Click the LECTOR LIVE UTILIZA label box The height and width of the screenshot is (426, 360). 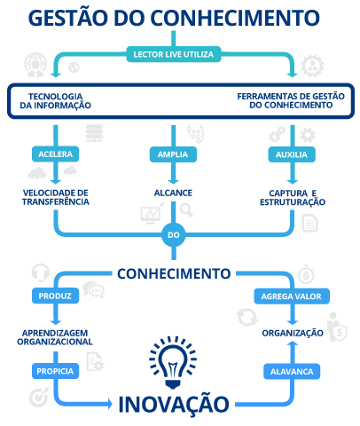pos(174,54)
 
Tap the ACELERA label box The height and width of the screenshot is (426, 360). pos(55,154)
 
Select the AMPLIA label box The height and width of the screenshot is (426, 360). pos(173,154)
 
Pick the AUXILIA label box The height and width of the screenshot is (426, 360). pos(292,154)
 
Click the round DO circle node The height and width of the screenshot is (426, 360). pos(174,235)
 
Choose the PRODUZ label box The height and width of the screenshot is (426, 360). pos(55,296)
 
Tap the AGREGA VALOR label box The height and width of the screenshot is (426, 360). pos(292,296)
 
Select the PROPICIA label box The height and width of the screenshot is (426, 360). pos(55,371)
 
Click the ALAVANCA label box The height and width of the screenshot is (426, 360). pos(292,371)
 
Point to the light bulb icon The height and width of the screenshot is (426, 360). pos(173,362)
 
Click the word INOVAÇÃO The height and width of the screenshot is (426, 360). pos(174,404)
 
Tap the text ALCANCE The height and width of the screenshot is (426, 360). pos(173,193)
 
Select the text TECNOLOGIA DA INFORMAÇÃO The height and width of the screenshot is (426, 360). pos(56,101)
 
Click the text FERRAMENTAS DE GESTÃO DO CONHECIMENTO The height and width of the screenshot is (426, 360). pos(291,100)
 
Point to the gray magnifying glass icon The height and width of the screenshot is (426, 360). pos(186,209)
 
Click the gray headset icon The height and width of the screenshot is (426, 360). pos(41,272)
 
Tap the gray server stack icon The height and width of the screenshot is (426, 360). pos(94,133)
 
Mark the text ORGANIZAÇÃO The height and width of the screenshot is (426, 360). pos(293,333)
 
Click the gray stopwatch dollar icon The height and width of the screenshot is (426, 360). pos(306,274)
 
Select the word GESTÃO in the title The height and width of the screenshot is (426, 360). pos(68,18)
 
